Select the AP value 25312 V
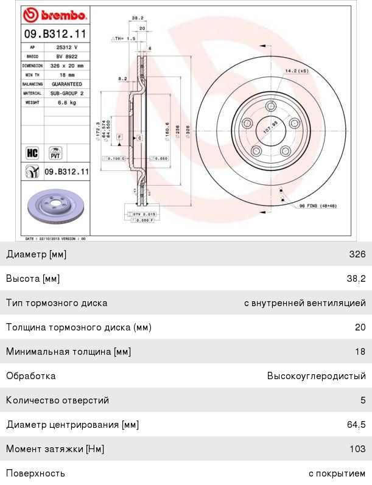coord(68,46)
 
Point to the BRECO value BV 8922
coord(66,55)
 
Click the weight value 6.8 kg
coord(66,103)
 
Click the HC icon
coord(32,152)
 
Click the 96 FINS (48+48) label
coord(318,206)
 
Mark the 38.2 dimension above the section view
coord(138,19)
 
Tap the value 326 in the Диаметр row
coord(358,254)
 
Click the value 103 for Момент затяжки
coord(358,449)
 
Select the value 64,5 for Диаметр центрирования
coord(356,425)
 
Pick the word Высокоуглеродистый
coord(316,376)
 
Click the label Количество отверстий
coord(57,400)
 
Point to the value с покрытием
coord(337,473)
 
